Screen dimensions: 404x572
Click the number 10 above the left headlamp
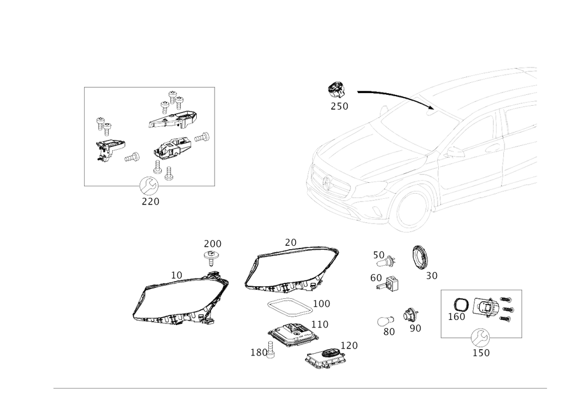pyautogui.click(x=177, y=275)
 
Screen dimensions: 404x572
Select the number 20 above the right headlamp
pyautogui.click(x=291, y=242)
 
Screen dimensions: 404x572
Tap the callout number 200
pyautogui.click(x=213, y=243)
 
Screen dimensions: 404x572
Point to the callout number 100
pyautogui.click(x=323, y=303)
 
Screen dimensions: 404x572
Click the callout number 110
pyautogui.click(x=320, y=324)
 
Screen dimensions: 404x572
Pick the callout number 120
pyautogui.click(x=349, y=345)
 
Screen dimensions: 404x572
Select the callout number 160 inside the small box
pyautogui.click(x=456, y=315)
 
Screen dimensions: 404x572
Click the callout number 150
pyautogui.click(x=481, y=353)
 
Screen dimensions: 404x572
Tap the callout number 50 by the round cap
pyautogui.click(x=431, y=275)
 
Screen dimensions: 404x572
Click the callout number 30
pyautogui.click(x=390, y=331)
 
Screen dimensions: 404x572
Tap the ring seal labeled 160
pyautogui.click(x=461, y=304)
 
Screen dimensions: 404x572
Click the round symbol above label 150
pyautogui.click(x=479, y=337)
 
